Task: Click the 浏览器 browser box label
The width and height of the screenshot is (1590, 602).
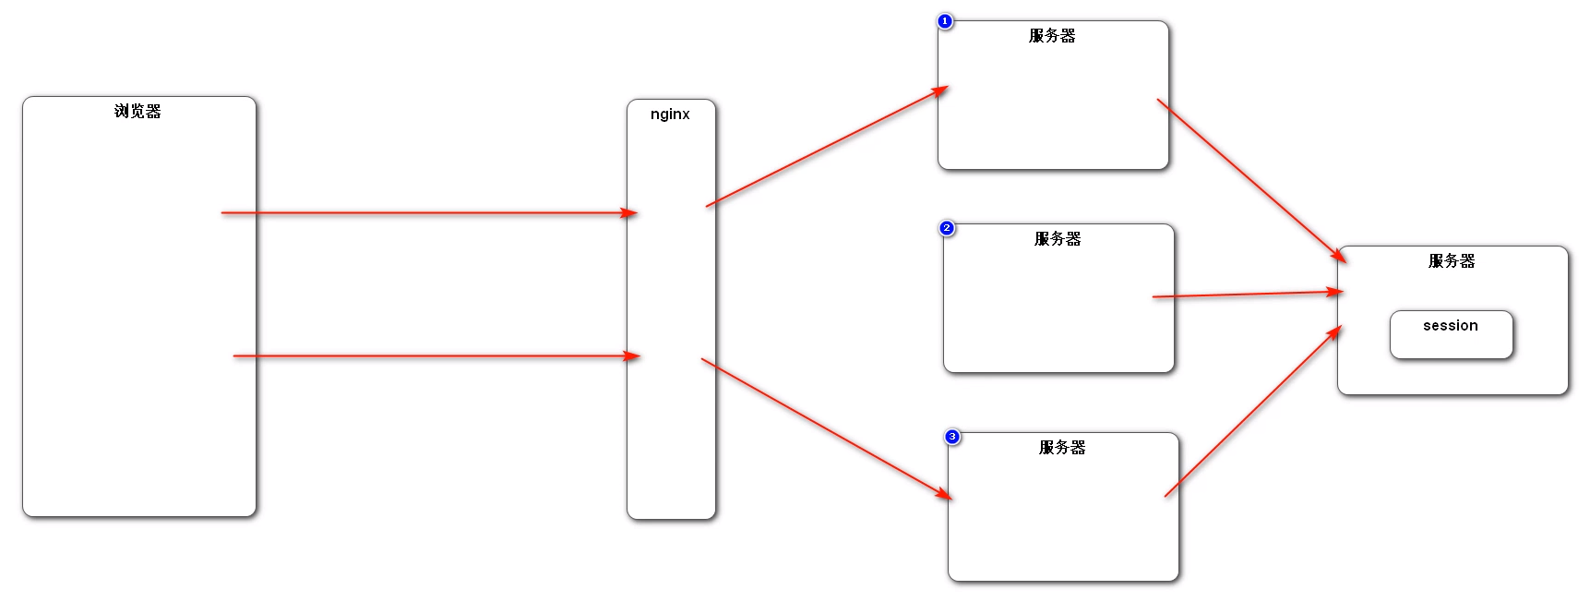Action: pos(137,112)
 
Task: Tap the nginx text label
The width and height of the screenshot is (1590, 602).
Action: pos(670,114)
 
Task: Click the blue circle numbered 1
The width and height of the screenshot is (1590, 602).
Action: pos(944,21)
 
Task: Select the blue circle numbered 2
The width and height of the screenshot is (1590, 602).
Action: pos(946,228)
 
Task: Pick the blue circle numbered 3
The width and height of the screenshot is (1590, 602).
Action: pos(952,437)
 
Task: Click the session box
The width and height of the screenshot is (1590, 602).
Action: pos(1451,335)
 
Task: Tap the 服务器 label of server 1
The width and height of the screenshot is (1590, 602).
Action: pos(1052,36)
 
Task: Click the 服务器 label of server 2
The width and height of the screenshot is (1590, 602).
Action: pos(1058,239)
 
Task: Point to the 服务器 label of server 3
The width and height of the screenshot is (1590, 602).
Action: pos(1062,448)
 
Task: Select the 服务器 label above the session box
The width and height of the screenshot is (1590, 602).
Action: pos(1452,261)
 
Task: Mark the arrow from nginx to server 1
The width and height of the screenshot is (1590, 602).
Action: pos(826,147)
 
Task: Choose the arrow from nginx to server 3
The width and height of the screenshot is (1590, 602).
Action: pos(826,428)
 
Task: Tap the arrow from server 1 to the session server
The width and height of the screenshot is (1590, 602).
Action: pos(1250,180)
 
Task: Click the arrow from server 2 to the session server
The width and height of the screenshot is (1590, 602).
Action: pos(1246,295)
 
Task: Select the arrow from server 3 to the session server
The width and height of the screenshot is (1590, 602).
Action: pos(1252,412)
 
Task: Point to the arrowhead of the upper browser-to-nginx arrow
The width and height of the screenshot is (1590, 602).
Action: pos(630,213)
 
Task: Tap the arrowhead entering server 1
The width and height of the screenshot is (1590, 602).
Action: pos(940,91)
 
